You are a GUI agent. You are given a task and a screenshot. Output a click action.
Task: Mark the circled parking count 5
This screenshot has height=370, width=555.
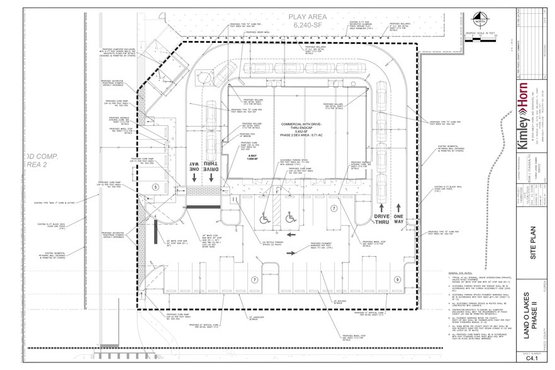point(155,187)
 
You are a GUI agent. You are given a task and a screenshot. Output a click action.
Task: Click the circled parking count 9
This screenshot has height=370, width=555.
point(396,279)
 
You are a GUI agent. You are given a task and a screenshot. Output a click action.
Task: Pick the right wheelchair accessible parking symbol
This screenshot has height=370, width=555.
point(290,218)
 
